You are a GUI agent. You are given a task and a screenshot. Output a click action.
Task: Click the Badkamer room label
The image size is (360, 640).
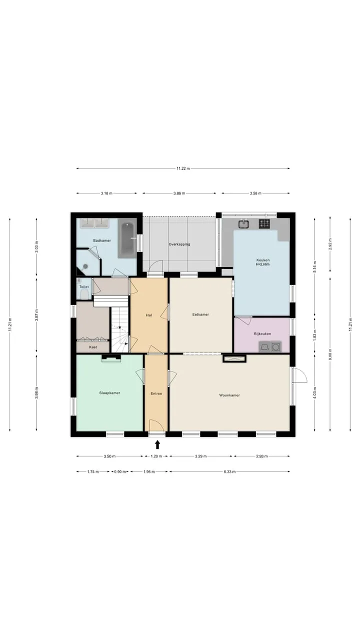pos(102,240)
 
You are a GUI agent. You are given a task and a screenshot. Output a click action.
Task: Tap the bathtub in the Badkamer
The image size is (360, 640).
pos(126,240)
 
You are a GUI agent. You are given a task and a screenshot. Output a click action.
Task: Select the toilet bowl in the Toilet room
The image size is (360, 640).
pos(84,294)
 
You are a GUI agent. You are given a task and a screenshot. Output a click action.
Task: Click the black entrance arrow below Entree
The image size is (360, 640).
pos(157,444)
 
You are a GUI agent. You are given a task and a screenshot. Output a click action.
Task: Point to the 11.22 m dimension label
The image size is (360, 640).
pos(183,168)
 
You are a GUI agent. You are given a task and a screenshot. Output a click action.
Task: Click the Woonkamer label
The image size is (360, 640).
pos(229,395)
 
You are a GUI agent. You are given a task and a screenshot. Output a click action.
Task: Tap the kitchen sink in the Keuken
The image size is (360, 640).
pos(243,224)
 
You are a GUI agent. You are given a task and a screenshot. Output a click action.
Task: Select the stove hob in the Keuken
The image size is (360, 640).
pos(264,223)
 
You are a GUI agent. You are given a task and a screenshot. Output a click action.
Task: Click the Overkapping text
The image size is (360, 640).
pos(179,244)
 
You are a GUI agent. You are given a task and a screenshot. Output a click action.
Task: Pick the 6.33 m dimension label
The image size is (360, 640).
pos(229,471)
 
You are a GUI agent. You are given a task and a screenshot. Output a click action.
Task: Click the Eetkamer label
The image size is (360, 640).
pos(200,314)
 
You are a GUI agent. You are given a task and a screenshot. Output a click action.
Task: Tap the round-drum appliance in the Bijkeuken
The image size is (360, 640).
pos(275,347)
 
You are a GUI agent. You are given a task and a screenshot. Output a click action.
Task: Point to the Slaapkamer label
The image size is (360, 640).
pos(109,393)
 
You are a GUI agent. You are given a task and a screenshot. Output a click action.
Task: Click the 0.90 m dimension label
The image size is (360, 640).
pos(120,471)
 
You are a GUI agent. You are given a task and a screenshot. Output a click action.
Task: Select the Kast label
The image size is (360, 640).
pos(93,347)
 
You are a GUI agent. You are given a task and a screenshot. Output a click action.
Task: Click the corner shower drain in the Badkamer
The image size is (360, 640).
pos(85,266)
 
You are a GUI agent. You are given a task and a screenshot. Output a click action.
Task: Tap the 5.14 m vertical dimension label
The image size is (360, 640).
pos(315,267)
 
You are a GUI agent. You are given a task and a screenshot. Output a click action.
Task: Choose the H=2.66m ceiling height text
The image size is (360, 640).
pos(263,264)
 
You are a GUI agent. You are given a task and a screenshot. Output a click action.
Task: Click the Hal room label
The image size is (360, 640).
pos(149,315)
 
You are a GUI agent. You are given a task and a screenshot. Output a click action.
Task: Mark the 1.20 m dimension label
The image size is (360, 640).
pos(156,456)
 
